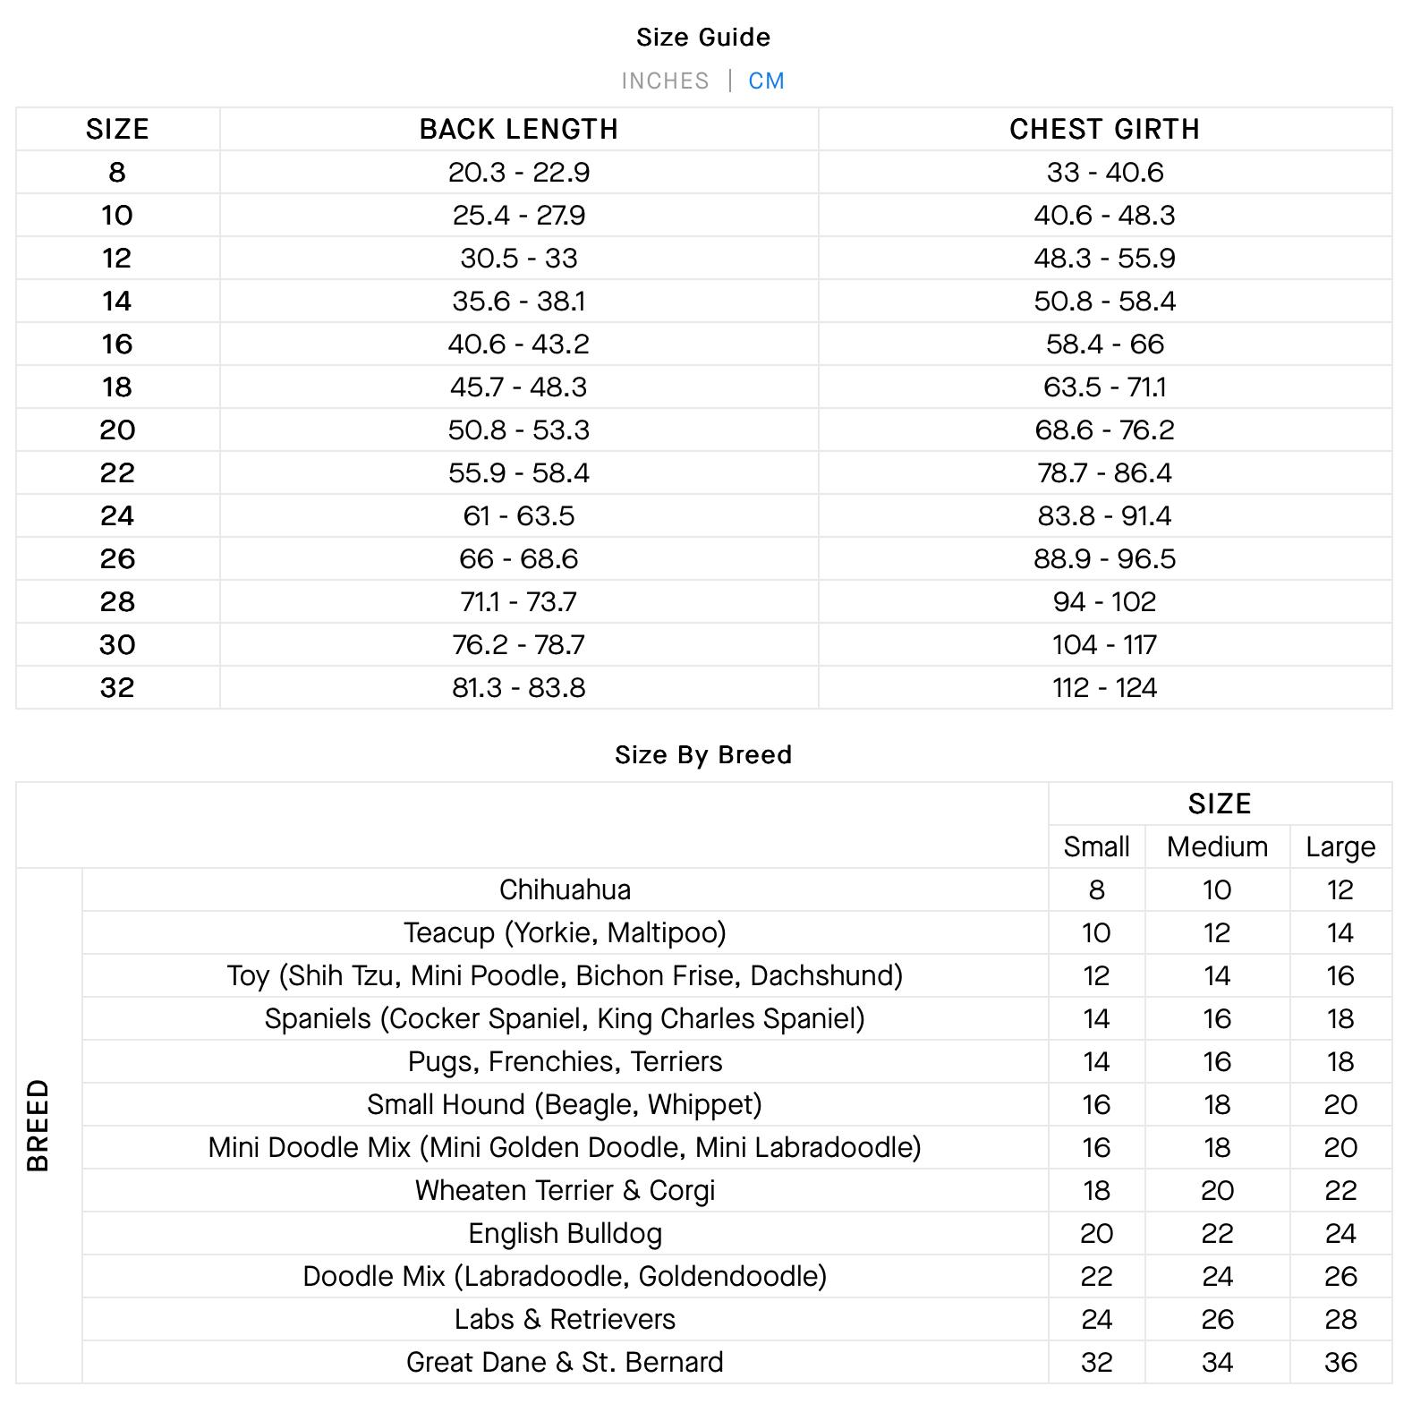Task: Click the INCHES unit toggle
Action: coord(665,81)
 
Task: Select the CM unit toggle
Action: coord(766,81)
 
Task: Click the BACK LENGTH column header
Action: coord(519,130)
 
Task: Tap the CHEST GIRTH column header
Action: coord(1104,130)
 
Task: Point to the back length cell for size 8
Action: coord(519,173)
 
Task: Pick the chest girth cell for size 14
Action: coord(1104,302)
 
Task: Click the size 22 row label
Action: coord(117,473)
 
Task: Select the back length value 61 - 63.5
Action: coord(519,516)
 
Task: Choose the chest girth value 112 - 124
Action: coord(1104,688)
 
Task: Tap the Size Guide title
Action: coord(703,38)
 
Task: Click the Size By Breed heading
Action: coord(703,755)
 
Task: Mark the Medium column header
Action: coord(1217,847)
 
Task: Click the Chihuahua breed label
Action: coord(565,890)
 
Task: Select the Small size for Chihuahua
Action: coord(1096,890)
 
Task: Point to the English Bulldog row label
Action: coord(565,1234)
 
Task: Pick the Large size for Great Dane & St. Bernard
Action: coord(1340,1363)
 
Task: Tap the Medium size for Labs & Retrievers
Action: coord(1217,1320)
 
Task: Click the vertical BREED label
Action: coord(38,1126)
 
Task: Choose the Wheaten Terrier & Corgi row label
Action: coord(565,1191)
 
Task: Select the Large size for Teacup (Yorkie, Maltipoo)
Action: coord(1340,933)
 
